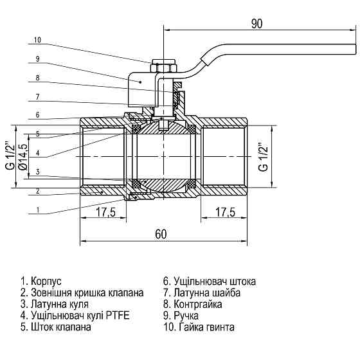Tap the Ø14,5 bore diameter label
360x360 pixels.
click(23, 156)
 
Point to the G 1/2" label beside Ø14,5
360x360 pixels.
click(9, 156)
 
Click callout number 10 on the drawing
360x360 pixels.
click(37, 40)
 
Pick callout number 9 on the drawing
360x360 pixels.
click(37, 59)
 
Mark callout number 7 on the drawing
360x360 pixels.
click(37, 96)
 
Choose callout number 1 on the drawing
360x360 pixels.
click(37, 210)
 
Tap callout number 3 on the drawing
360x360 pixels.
click(37, 172)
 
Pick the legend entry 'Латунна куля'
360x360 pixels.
click(55, 304)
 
